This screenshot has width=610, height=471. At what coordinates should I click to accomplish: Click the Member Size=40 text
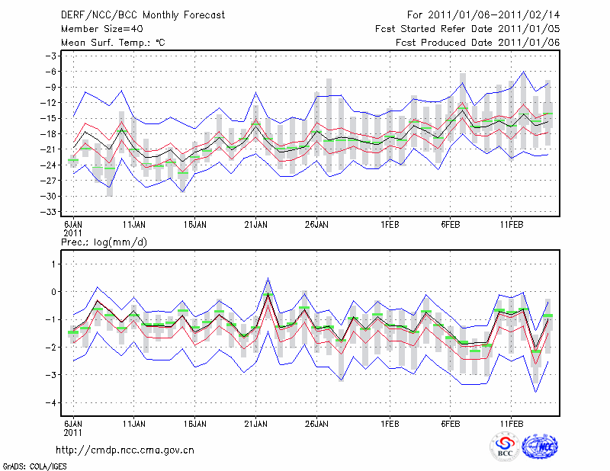click(100, 29)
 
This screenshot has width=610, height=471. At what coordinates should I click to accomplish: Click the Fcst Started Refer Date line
click(467, 29)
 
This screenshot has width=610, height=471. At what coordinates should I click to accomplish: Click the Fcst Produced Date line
click(477, 42)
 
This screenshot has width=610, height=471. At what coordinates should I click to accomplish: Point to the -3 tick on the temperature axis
click(51, 56)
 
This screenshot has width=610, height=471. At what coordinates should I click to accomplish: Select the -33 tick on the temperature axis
click(50, 212)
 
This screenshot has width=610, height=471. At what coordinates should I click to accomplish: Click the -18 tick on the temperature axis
click(50, 134)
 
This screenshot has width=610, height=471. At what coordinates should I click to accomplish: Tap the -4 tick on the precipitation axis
click(52, 403)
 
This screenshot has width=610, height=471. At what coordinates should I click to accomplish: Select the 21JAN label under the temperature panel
click(255, 226)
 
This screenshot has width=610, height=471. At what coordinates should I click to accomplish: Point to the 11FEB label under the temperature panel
click(509, 226)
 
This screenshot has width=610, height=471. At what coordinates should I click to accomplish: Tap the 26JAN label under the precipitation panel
click(316, 423)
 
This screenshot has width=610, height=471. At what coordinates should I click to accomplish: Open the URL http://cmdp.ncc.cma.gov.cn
click(125, 450)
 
